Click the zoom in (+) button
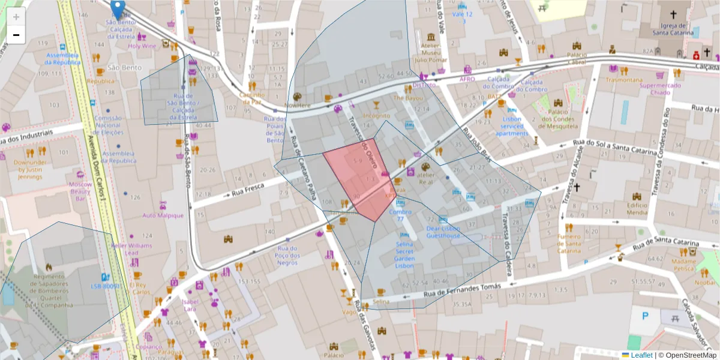(x=16, y=17)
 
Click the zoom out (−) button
(x=16, y=35)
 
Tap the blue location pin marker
(x=118, y=9)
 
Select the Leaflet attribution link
(x=640, y=355)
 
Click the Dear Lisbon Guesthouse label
(x=443, y=232)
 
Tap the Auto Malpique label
(x=163, y=215)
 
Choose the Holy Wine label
(x=142, y=46)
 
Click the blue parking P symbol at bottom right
(x=645, y=315)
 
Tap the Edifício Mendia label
(x=637, y=209)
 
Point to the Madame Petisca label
(x=683, y=265)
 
